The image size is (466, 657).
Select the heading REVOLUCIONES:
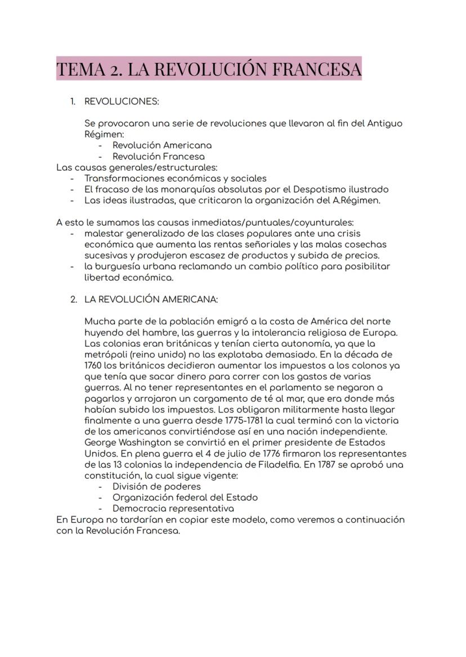tap(122, 101)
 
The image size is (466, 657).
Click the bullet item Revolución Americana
tap(162, 145)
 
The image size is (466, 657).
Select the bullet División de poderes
tap(156, 487)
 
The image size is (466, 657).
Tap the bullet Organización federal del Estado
tap(185, 497)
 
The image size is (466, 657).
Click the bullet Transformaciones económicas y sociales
tap(176, 178)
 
